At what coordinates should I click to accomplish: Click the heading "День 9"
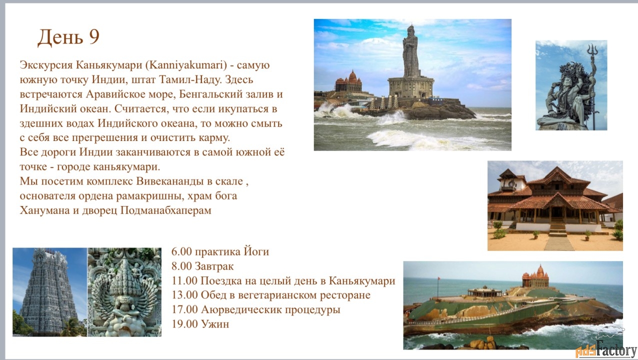tap(68, 37)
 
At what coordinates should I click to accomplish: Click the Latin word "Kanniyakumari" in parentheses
tap(186, 65)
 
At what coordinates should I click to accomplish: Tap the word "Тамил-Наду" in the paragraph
tap(190, 79)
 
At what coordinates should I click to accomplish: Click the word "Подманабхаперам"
tap(166, 210)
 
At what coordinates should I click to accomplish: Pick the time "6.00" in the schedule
tap(181, 252)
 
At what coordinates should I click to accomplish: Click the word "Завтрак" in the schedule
tap(214, 266)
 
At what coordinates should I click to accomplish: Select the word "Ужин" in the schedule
tap(215, 324)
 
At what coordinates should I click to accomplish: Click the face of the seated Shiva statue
tap(567, 82)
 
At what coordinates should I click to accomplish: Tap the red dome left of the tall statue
tap(352, 76)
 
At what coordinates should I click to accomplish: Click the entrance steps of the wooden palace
tap(557, 229)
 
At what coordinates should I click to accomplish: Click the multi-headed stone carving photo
tap(124, 292)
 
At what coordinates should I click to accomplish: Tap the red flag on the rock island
tap(438, 278)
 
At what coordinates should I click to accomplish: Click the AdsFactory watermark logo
tap(605, 348)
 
